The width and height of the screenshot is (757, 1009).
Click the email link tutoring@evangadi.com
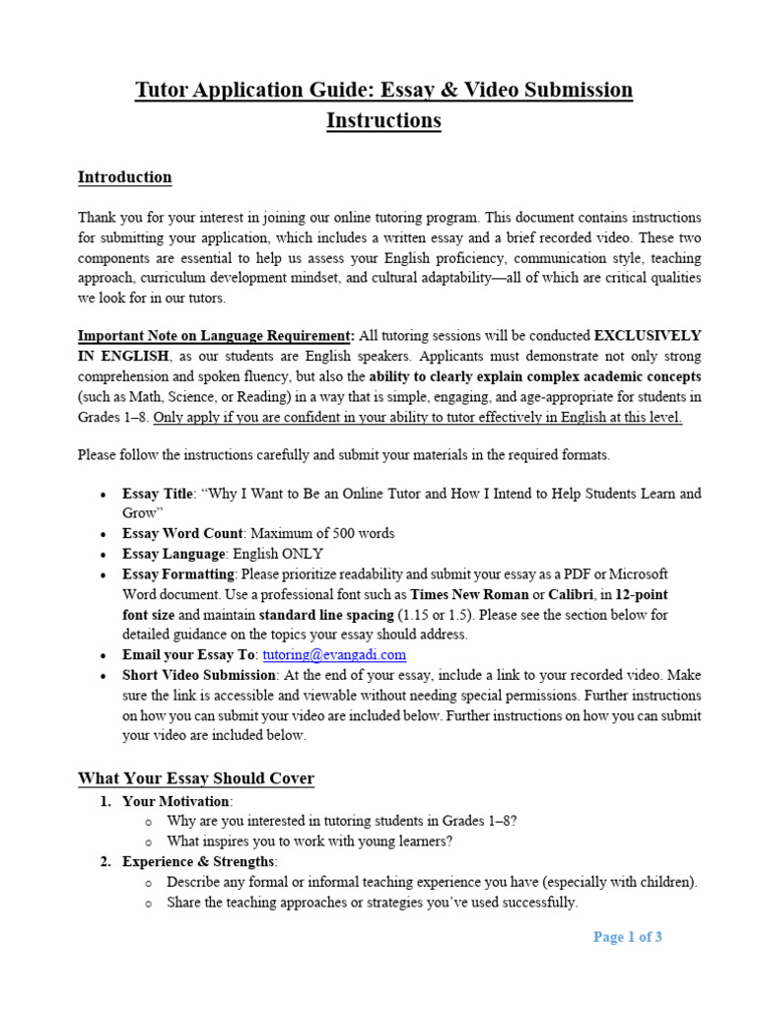(x=334, y=654)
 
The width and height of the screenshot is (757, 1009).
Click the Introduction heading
(x=124, y=177)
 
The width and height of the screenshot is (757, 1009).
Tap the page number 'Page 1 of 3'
(x=627, y=937)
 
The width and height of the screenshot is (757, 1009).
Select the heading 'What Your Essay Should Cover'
(x=196, y=778)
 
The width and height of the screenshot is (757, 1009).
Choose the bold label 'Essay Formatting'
(x=178, y=573)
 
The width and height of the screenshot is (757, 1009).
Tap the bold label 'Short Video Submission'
(x=198, y=675)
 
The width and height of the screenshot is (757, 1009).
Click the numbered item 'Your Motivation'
(x=177, y=801)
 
